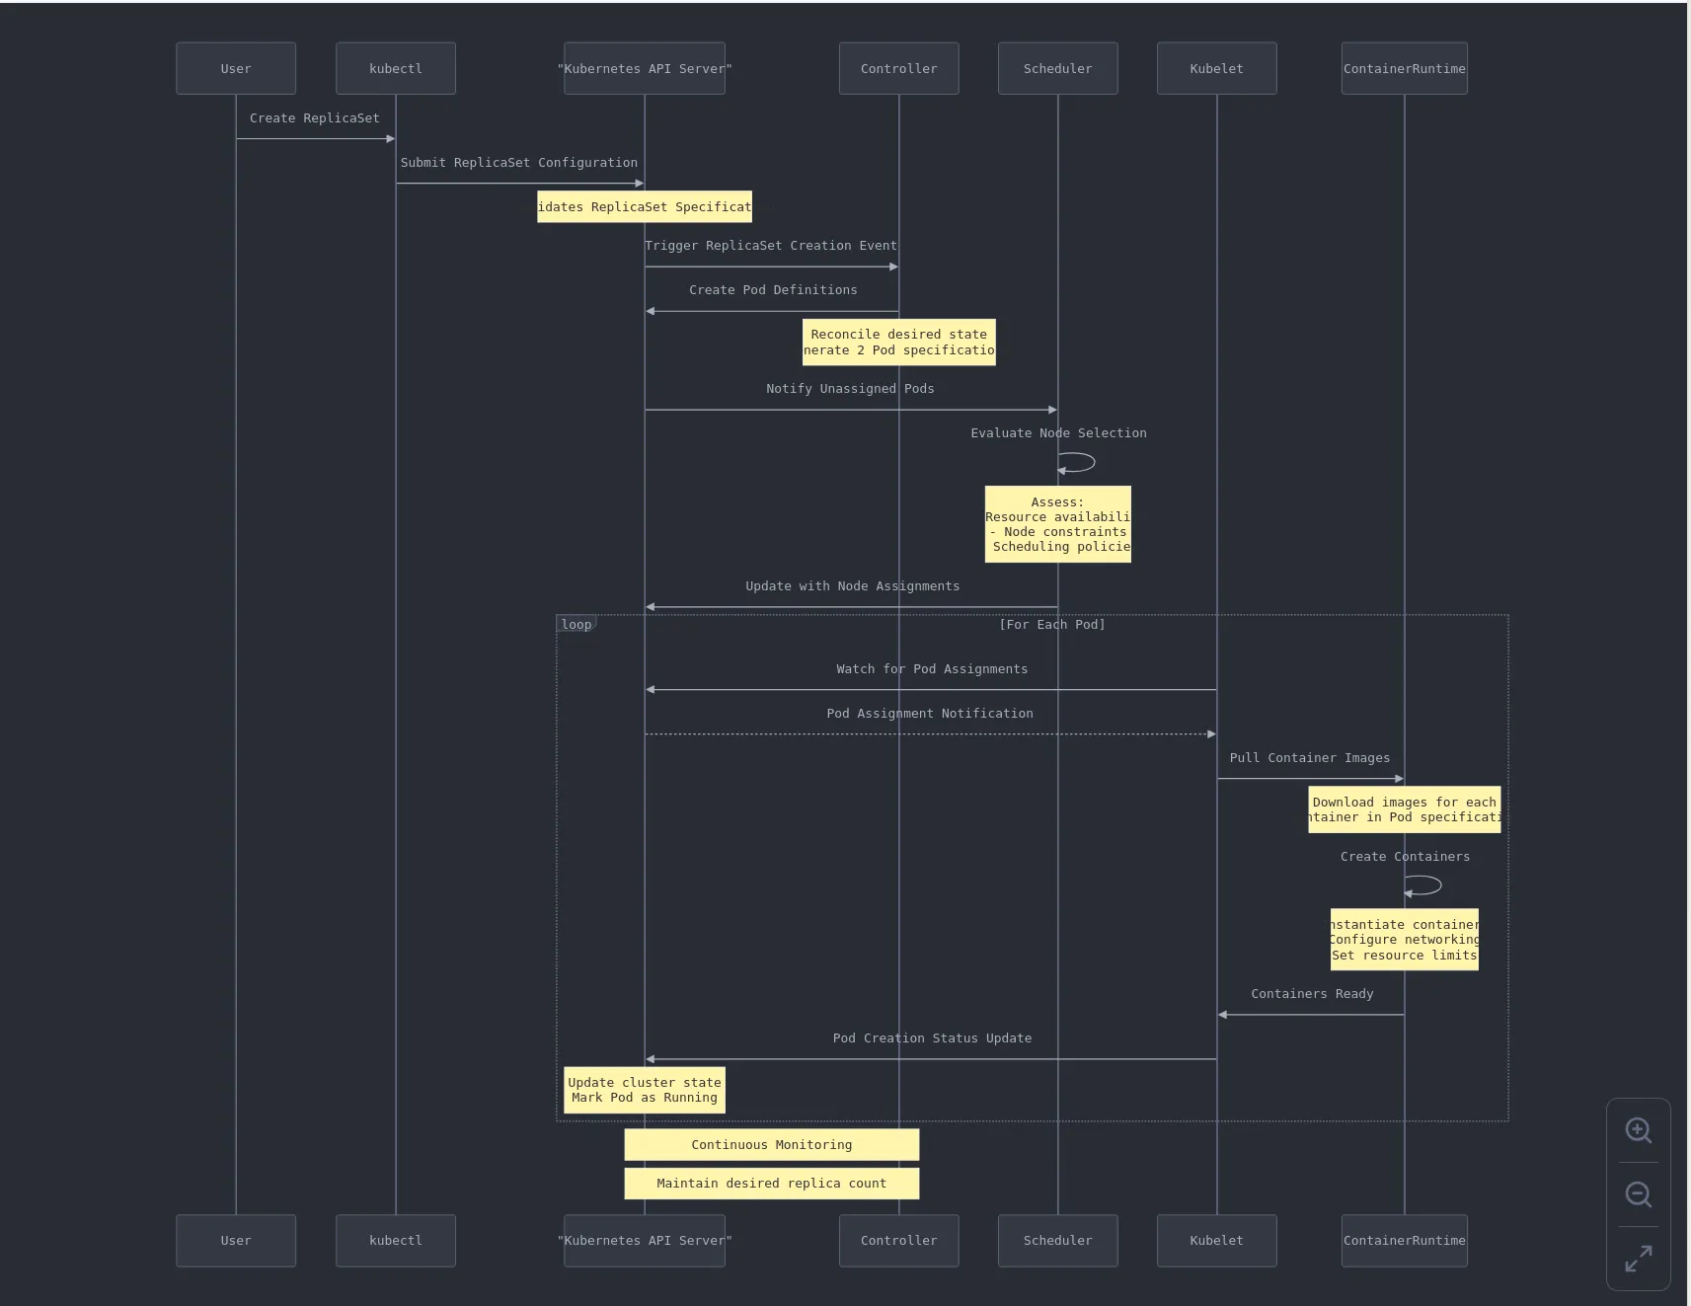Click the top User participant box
pos(236,69)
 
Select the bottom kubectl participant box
pos(396,1241)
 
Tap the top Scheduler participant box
pos(1057,69)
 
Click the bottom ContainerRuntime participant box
pos(1404,1241)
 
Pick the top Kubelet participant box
pos(1216,69)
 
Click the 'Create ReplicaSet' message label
pos(314,118)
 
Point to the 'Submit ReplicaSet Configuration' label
pos(518,163)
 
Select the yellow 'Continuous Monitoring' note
pos(771,1145)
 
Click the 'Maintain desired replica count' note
pos(771,1184)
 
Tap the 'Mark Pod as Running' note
pos(644,1091)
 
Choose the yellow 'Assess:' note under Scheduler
pos(1057,524)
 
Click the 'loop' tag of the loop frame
pos(576,625)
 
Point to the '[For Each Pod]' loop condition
pos(1051,625)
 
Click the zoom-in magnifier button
pos(1638,1130)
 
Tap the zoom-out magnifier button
pos(1638,1194)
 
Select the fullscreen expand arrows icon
pos(1638,1259)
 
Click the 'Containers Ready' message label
pos(1312,994)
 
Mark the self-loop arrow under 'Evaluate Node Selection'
pos(1078,462)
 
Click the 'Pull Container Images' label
pos(1309,758)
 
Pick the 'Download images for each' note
pos(1404,809)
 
